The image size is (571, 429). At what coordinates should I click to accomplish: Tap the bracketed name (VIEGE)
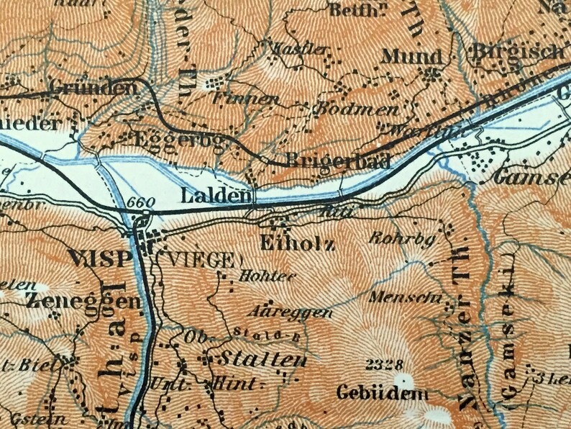[x=199, y=260]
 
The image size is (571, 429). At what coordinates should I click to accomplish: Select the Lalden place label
[x=216, y=195]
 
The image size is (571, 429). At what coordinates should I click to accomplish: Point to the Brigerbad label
[x=338, y=161]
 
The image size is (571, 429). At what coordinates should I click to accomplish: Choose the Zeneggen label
[x=82, y=300]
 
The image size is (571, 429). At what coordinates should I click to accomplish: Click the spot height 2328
[x=385, y=363]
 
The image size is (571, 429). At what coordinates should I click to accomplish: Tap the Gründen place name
[x=93, y=89]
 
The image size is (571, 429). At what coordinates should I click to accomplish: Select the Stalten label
[x=258, y=358]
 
